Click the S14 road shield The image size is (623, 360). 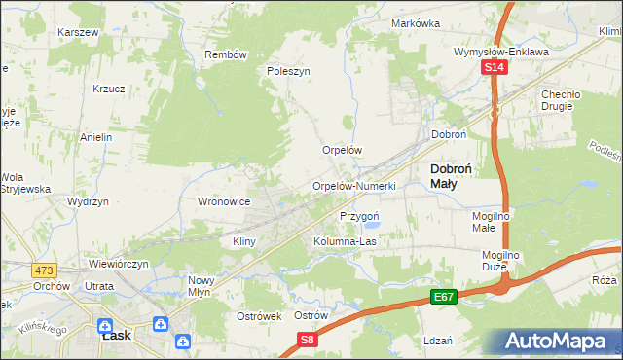pos(495,67)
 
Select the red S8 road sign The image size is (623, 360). pos(307,340)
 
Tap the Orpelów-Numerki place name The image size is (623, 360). pos(353,186)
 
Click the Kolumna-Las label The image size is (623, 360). pos(345,241)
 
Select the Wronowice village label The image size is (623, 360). pos(225,201)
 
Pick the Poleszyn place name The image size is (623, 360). pos(288,71)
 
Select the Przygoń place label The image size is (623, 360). pos(358,215)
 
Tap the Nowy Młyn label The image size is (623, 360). pos(206,286)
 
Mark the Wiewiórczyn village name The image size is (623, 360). pos(119,264)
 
